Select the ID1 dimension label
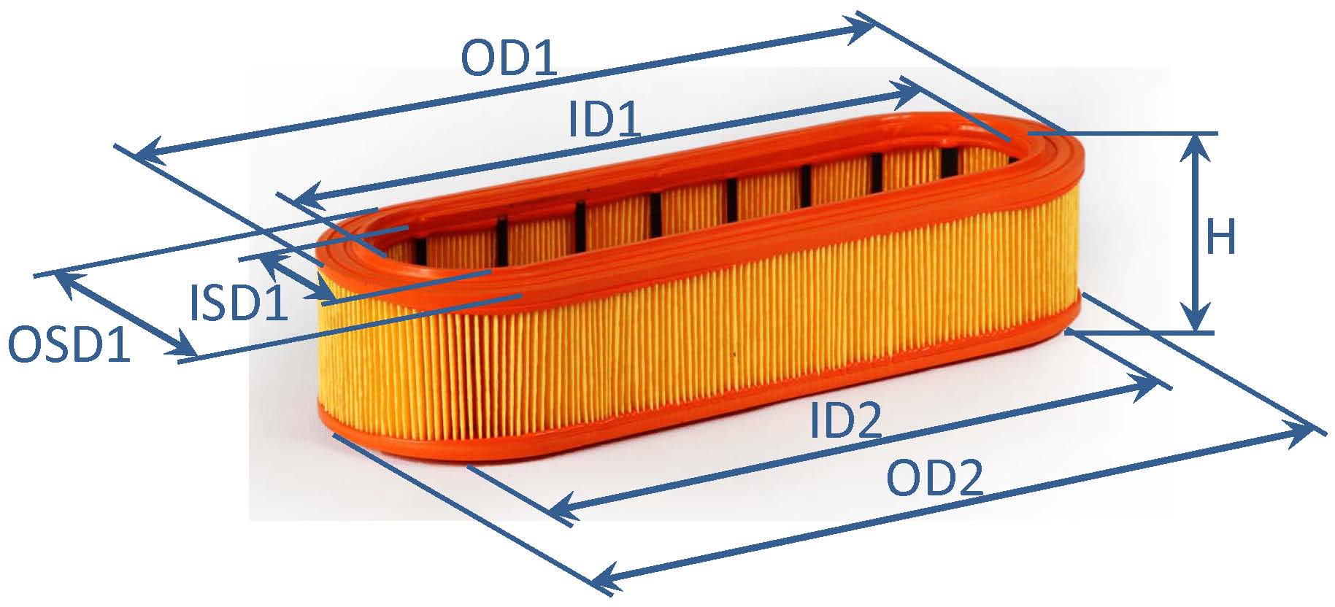pyautogui.click(x=605, y=120)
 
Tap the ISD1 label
pyautogui.click(x=239, y=303)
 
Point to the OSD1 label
pyautogui.click(x=69, y=345)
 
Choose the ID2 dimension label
pyautogui.click(x=847, y=422)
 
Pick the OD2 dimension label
pyautogui.click(x=935, y=479)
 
